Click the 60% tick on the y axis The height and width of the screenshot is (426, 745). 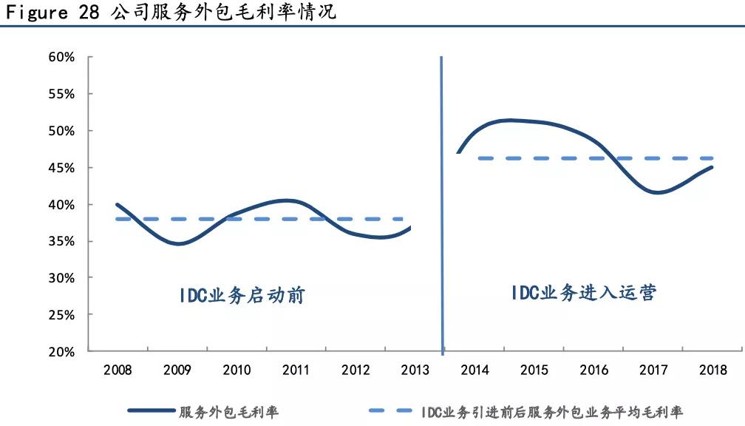point(61,57)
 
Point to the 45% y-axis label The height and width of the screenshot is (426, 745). point(61,168)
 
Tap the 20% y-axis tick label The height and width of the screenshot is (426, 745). point(61,352)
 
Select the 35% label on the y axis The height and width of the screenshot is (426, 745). point(61,241)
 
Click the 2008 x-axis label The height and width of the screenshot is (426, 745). point(118,370)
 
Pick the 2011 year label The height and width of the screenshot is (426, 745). point(296,370)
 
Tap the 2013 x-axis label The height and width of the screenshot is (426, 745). point(415,370)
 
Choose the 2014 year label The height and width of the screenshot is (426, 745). point(474,370)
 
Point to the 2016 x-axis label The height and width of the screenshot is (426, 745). point(593,370)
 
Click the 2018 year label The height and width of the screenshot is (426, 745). point(712,370)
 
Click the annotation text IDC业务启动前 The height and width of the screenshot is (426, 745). point(242,296)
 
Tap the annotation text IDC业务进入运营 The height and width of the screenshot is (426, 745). point(583,293)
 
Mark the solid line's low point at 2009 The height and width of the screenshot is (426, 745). point(178,243)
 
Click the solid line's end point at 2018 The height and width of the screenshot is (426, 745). point(712,167)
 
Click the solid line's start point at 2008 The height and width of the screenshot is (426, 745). point(118,204)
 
